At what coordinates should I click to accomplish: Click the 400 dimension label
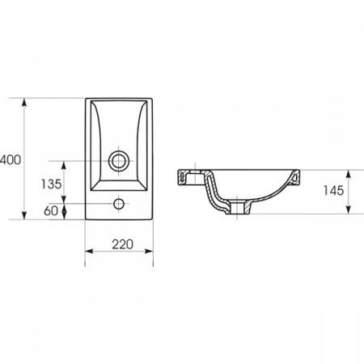(x=11, y=160)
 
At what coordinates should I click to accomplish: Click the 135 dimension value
(x=51, y=184)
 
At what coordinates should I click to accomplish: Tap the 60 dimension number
(x=51, y=211)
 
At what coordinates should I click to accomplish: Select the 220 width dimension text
(x=123, y=244)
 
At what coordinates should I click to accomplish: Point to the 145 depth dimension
(x=333, y=191)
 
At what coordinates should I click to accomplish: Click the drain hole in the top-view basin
(x=119, y=161)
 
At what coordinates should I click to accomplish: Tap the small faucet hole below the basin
(x=119, y=204)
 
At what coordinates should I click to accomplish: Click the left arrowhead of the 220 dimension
(x=90, y=252)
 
